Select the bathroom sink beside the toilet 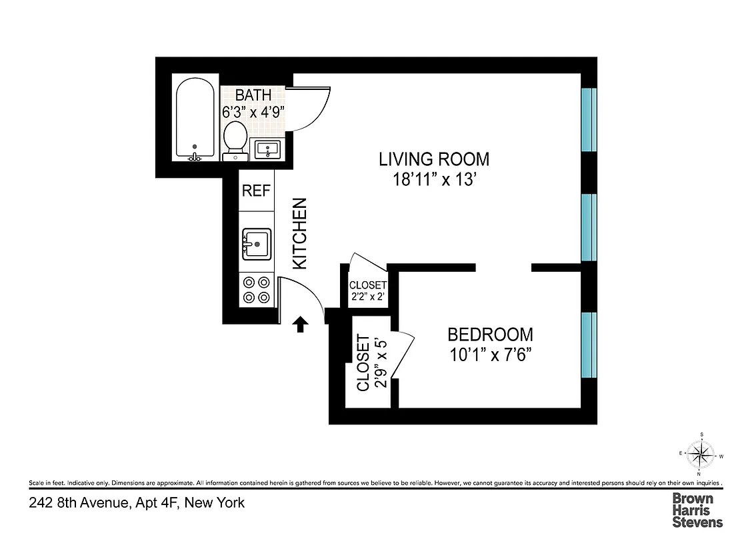(x=270, y=149)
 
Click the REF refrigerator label (x=256, y=191)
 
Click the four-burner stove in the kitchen (x=257, y=290)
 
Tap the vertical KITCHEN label (x=300, y=234)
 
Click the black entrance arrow (x=300, y=324)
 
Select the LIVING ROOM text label (x=434, y=159)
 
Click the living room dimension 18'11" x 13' (x=434, y=179)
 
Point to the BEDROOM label (x=490, y=334)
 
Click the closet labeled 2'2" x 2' (x=368, y=290)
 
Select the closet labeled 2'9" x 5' (x=370, y=363)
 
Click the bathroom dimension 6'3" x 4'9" (x=253, y=112)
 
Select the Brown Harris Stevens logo (x=697, y=510)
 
